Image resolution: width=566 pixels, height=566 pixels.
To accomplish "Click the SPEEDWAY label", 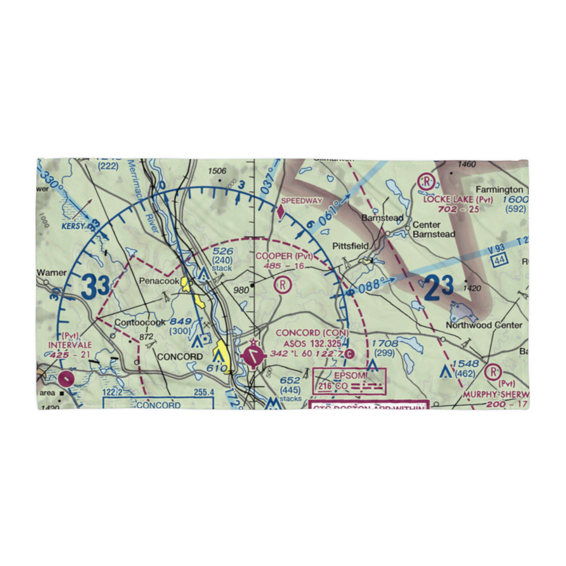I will pos(302,200).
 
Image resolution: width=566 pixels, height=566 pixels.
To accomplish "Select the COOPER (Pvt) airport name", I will pos(284,256).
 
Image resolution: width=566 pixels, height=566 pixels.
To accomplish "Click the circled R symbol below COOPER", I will pos(282,284).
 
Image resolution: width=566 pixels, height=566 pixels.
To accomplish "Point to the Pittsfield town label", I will pos(350,246).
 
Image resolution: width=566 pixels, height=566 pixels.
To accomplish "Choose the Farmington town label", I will pos(499,190).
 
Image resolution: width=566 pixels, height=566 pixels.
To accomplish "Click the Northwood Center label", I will pos(484,325).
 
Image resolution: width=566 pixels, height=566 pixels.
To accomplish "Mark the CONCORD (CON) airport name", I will pos(312,333).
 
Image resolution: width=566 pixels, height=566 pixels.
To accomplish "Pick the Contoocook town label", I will pos(140,323).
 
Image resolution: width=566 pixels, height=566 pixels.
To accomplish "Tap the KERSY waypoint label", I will pos(74,226).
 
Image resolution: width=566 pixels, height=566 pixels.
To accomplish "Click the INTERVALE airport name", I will pos(69,344).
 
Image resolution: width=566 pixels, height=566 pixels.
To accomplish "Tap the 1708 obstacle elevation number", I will pos(384,344).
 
